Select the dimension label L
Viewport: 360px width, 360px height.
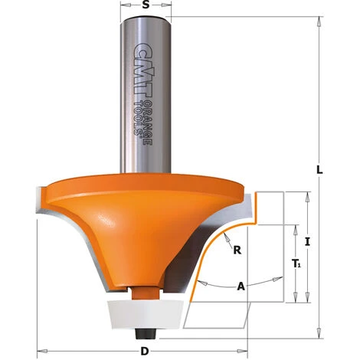click(x=320, y=171)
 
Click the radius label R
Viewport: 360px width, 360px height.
click(x=237, y=250)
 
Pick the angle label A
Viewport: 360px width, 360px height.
click(x=241, y=287)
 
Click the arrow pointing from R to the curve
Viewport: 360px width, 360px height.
click(x=222, y=239)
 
